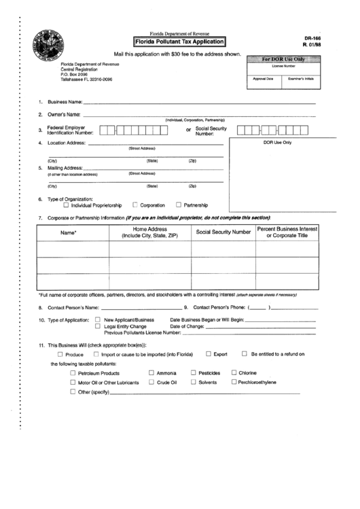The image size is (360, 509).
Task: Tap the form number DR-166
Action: pos(312,39)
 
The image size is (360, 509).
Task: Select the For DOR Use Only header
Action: pos(283,60)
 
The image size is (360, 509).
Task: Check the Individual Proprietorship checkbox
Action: pos(66,205)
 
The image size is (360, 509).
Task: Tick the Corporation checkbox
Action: pos(135,205)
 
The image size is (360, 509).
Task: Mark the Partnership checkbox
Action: pos(179,205)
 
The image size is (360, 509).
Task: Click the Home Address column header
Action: pos(149,232)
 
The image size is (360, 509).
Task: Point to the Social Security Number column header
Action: pos(223,232)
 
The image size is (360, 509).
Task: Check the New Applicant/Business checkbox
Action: pos(98,319)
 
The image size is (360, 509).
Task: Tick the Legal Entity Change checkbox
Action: pos(98,326)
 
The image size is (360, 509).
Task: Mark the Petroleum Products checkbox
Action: pos(73,373)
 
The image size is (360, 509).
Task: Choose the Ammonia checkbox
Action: pos(151,373)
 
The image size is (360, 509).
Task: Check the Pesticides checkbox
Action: pos(193,373)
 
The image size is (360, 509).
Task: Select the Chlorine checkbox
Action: pos(234,373)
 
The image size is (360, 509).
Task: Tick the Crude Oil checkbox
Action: pos(151,383)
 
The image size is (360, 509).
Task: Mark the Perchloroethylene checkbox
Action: pos(234,382)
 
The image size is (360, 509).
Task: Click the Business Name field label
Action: pos(65,102)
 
